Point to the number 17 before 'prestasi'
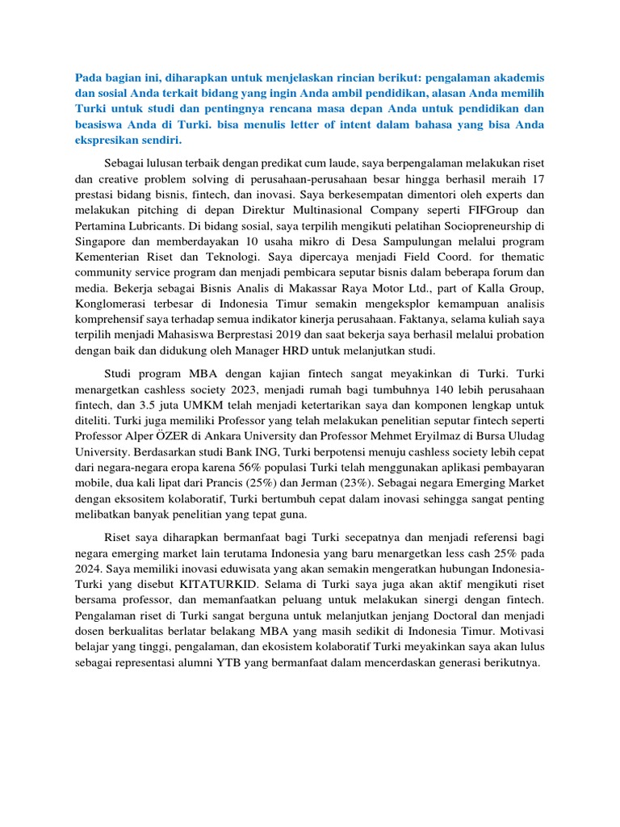click(x=536, y=178)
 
